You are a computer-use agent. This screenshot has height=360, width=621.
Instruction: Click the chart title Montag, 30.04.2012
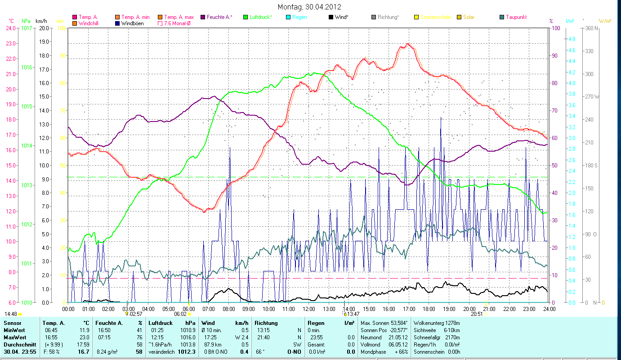(x=309, y=7)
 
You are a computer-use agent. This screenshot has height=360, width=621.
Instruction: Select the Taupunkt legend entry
(x=516, y=17)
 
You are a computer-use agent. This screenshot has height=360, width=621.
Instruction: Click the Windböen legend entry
(x=132, y=23)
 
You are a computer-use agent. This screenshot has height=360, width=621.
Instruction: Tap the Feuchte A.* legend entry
(x=219, y=17)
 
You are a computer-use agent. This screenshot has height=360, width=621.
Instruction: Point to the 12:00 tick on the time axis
(x=309, y=309)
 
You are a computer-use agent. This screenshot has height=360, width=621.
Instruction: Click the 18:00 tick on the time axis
(x=429, y=309)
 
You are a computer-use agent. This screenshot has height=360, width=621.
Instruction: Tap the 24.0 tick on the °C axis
(x=11, y=28)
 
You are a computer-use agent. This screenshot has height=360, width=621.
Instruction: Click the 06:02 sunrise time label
(x=180, y=314)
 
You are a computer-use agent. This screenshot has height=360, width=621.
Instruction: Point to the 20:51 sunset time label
(x=477, y=314)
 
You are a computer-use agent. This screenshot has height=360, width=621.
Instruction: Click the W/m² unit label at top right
(x=605, y=21)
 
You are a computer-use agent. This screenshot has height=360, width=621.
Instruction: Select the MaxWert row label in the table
(x=15, y=337)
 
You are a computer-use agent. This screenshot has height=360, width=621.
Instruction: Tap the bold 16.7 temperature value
(x=83, y=352)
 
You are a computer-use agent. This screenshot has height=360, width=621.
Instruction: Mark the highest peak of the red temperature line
(x=408, y=44)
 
